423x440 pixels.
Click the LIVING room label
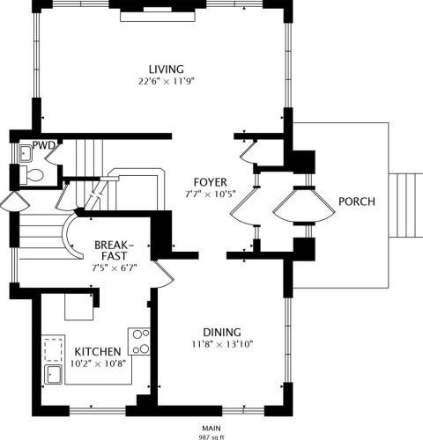click(x=167, y=70)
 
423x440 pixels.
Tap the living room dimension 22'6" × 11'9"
click(x=167, y=81)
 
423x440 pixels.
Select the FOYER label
click(x=211, y=182)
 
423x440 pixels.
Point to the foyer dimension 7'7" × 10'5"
click(x=211, y=194)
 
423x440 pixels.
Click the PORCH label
click(x=357, y=202)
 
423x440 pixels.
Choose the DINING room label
click(x=222, y=333)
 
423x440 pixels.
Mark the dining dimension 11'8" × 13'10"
click(x=222, y=344)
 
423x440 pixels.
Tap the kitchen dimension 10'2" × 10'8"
click(x=98, y=363)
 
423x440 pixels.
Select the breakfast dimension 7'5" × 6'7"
click(x=115, y=268)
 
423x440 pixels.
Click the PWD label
click(x=44, y=145)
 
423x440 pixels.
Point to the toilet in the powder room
click(x=31, y=175)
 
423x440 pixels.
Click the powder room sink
click(x=26, y=153)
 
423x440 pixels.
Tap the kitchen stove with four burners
click(x=139, y=341)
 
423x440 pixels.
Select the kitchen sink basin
click(x=53, y=375)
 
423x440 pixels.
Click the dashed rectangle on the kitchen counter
click(x=53, y=350)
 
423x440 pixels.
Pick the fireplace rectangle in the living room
click(x=158, y=16)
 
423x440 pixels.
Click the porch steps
click(x=406, y=205)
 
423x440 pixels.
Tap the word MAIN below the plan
click(x=211, y=429)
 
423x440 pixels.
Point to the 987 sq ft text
click(x=211, y=437)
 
